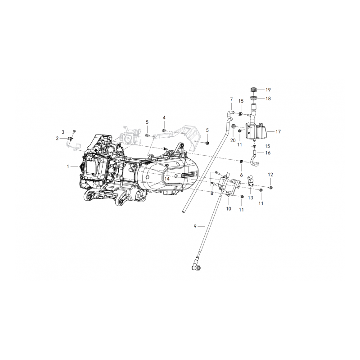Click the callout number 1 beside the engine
(68, 166)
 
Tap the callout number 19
(268, 90)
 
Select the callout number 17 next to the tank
(278, 132)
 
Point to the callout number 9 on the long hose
(195, 226)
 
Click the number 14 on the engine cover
(167, 179)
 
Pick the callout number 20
(233, 140)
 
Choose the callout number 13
(251, 198)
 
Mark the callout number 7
(231, 99)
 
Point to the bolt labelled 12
(271, 187)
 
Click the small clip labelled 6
(242, 162)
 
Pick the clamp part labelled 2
(71, 138)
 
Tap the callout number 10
(228, 209)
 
